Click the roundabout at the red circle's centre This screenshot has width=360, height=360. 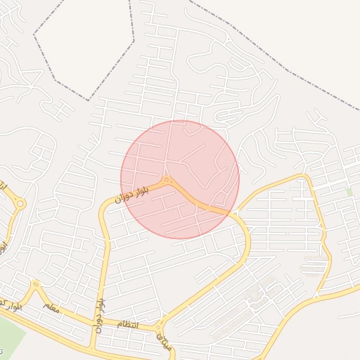[x=167, y=181]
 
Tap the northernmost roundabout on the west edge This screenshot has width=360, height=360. [x=20, y=204]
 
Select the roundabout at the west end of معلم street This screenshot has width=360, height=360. [x=35, y=285]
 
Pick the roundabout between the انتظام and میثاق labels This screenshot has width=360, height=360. [x=160, y=326]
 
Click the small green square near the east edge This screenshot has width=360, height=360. [x=349, y=191]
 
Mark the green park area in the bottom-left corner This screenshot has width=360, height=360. [x=10, y=335]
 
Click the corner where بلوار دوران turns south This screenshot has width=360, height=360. [x=105, y=204]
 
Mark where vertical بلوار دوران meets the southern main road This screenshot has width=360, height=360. [x=91, y=348]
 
